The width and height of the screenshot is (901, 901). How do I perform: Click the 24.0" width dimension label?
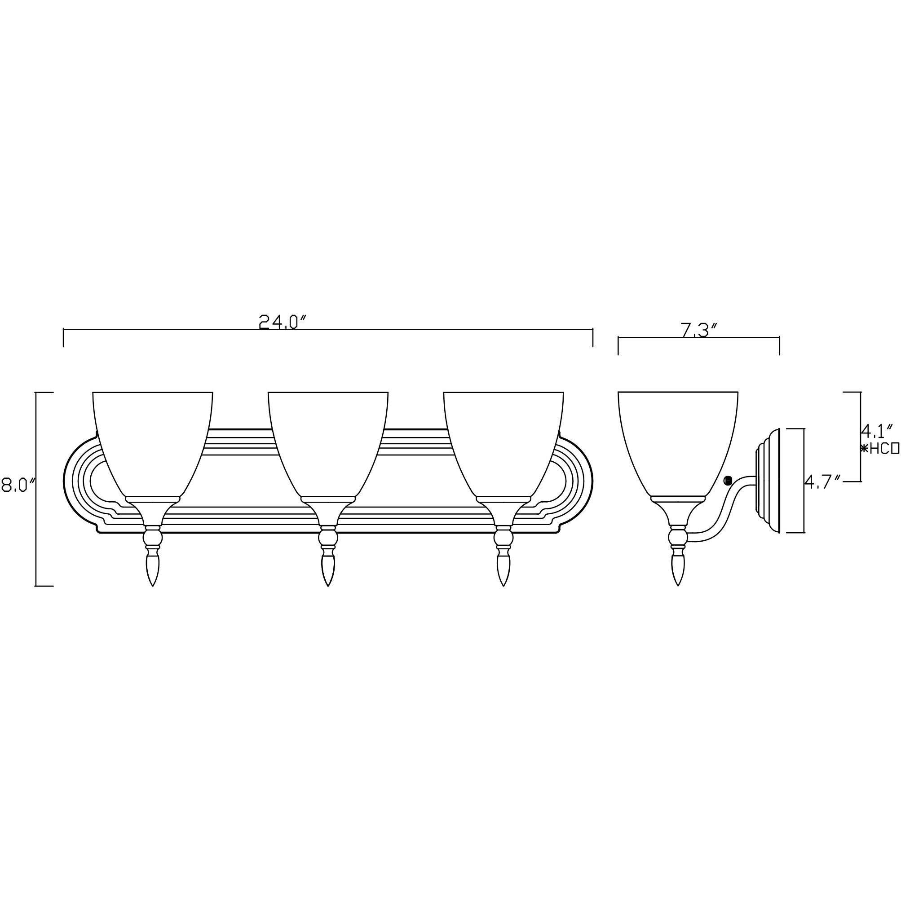(283, 322)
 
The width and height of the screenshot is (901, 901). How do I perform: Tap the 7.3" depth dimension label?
(698, 330)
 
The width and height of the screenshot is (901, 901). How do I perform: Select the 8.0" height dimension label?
(19, 472)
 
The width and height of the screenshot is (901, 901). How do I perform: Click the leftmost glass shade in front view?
(153, 438)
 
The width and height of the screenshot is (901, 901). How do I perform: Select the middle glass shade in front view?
(328, 438)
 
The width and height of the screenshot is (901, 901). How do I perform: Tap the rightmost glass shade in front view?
(503, 438)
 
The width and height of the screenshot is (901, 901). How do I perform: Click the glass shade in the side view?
(678, 438)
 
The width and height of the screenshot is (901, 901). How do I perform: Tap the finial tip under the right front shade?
(503, 583)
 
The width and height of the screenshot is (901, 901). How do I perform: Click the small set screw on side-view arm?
(727, 480)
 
